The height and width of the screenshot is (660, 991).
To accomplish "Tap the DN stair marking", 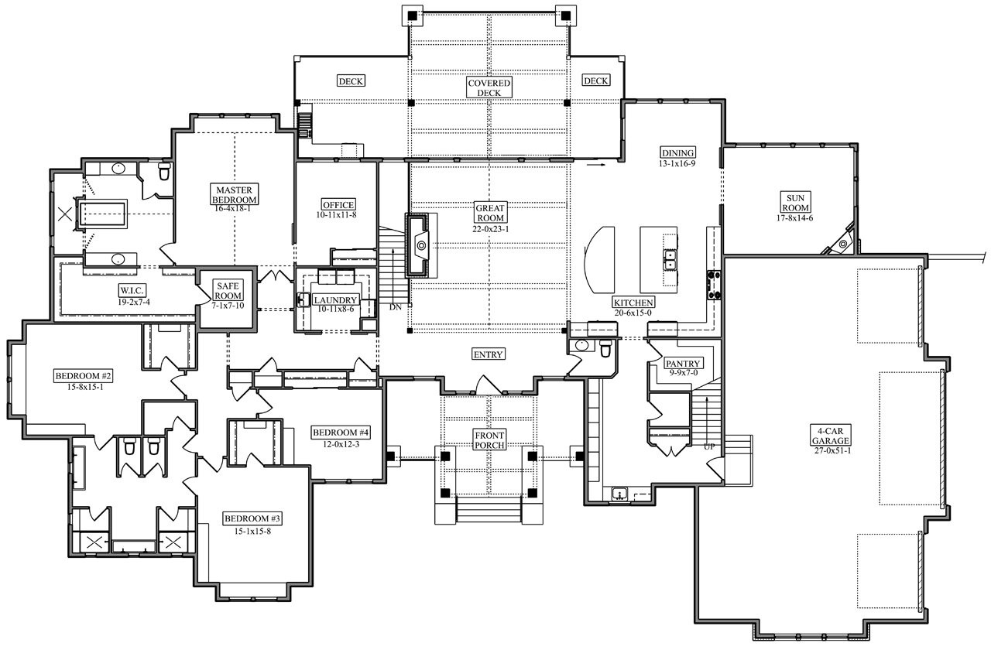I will point(396,307).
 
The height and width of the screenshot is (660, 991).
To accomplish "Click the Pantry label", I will point(683,363).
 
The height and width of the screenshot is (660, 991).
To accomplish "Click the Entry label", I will point(489,354).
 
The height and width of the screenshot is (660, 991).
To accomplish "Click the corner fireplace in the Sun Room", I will point(843,241).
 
